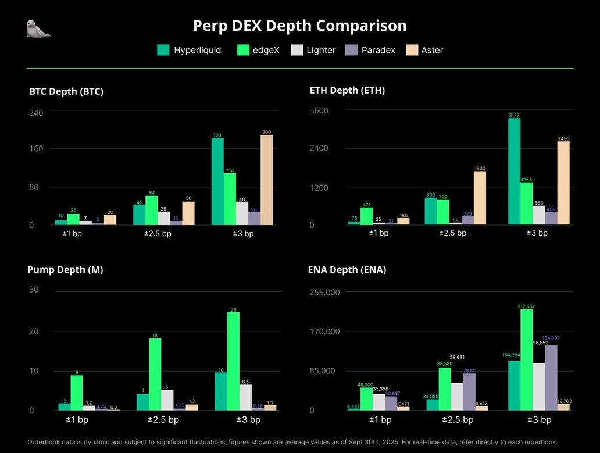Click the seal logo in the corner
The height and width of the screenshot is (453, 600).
point(38,28)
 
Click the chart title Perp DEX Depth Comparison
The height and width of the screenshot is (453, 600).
point(299,26)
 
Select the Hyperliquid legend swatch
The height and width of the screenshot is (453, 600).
point(163,50)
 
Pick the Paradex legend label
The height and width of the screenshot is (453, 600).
point(378,50)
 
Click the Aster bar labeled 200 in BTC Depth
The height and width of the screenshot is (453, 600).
point(267,180)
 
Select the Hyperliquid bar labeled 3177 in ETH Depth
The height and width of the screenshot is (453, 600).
point(514,172)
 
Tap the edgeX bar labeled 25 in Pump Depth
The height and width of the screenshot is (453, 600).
point(234,361)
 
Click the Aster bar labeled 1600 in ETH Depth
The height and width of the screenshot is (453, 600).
point(480,198)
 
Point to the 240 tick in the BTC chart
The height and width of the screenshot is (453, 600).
point(36,113)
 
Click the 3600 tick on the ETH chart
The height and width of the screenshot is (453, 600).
point(319,110)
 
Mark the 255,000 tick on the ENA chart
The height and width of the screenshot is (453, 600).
point(324,292)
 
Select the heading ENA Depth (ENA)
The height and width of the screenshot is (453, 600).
point(347,270)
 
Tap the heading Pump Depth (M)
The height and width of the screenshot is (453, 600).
point(65,270)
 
